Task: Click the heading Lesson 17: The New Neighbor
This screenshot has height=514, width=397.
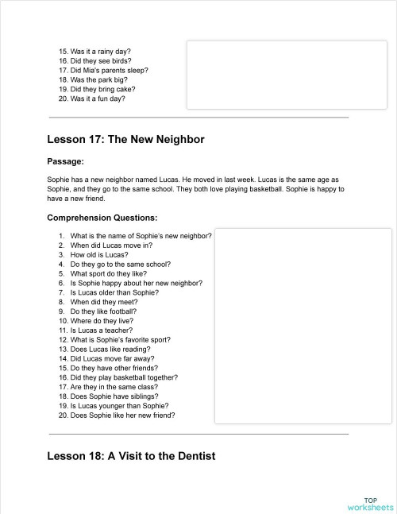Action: tap(125, 140)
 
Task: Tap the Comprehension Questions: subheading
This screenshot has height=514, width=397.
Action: tap(102, 218)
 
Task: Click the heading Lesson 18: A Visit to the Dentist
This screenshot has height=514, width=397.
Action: tap(131, 456)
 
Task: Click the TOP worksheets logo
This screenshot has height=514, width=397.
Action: tap(370, 502)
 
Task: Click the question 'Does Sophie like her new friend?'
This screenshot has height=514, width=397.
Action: tap(122, 415)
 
